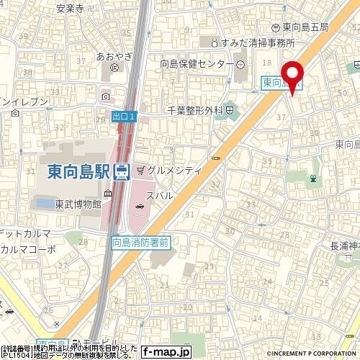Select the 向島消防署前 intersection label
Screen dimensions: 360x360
[x=141, y=243]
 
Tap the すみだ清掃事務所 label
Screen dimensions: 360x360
[x=251, y=42]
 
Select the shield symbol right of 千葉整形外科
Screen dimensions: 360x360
[x=229, y=110]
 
